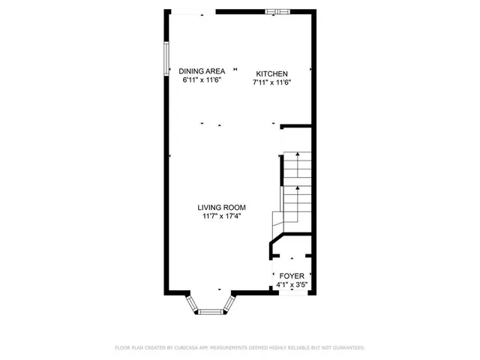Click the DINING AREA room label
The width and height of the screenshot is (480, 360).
point(202,71)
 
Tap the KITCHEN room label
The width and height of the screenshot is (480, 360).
point(271,73)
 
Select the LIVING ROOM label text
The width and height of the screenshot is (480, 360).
point(222,208)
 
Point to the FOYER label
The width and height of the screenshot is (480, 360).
point(292,276)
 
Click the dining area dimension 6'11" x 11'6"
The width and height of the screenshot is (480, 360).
point(202,79)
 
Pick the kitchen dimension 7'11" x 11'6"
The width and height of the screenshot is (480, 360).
point(271,82)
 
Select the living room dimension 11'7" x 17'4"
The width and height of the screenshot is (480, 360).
point(222,216)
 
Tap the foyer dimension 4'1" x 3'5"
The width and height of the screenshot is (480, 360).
point(292,284)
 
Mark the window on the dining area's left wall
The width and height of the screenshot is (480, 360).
point(166,56)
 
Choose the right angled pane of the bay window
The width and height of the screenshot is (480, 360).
point(228,303)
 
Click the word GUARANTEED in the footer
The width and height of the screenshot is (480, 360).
point(347,348)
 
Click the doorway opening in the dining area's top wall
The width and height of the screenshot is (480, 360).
point(200,12)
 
